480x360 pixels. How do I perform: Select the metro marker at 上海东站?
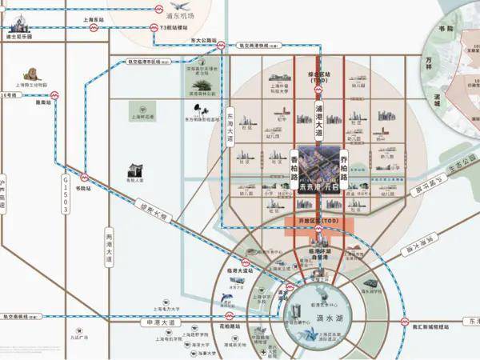pos(94,27)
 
